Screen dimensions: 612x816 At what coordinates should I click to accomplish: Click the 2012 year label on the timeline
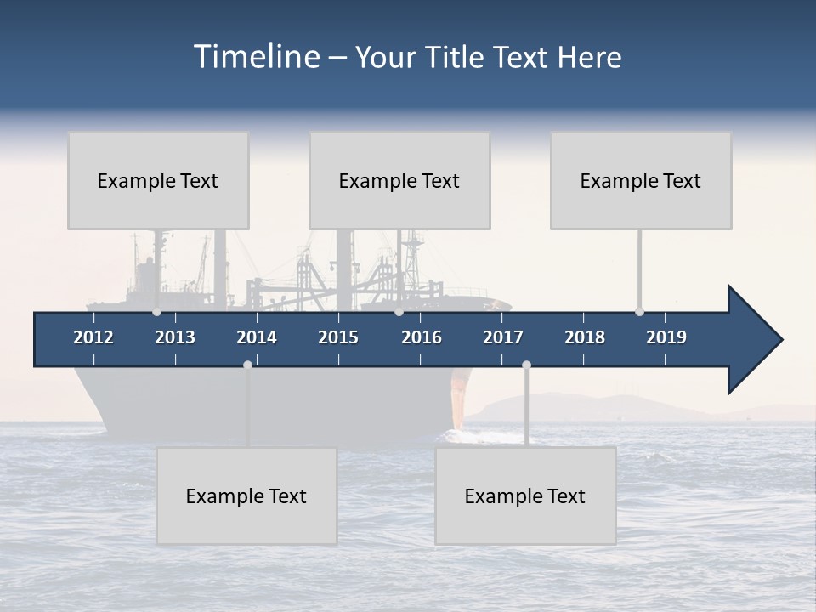93,337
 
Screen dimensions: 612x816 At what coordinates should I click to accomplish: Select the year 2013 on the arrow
175,337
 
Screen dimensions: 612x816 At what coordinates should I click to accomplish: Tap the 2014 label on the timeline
257,337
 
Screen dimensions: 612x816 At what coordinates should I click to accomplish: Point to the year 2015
338,337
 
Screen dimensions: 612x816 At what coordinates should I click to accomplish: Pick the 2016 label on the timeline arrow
422,337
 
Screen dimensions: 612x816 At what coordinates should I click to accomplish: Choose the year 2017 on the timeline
503,337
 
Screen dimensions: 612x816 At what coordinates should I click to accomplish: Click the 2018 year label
585,337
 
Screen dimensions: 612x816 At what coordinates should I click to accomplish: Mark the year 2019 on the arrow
666,337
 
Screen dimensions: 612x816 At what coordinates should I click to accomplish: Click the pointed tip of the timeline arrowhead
781,340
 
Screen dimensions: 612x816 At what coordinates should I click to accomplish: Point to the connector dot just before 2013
156,312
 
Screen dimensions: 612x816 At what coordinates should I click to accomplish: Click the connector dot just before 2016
399,312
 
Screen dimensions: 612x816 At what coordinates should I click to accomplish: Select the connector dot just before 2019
639,312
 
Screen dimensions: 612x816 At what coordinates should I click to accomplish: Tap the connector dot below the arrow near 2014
247,365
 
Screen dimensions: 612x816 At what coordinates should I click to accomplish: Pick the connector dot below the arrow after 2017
526,365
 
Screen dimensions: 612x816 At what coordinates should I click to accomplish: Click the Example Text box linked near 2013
158,180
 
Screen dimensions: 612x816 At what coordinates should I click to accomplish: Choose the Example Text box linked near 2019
641,180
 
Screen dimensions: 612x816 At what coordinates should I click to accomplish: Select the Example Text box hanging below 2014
246,496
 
